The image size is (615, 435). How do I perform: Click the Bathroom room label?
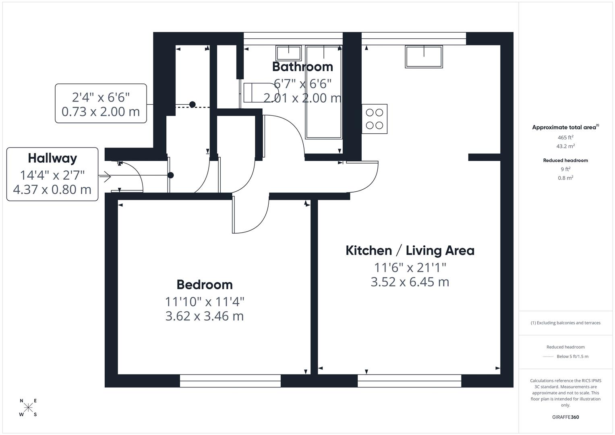(302, 66)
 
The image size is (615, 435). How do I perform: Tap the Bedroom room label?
(205, 285)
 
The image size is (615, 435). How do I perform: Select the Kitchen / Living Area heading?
(410, 251)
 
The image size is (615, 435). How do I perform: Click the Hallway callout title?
(52, 158)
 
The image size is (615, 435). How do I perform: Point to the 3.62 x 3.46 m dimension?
(205, 316)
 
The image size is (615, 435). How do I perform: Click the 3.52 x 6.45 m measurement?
(410, 282)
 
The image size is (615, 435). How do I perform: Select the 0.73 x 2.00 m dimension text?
(101, 112)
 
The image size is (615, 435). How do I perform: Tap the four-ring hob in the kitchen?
(375, 119)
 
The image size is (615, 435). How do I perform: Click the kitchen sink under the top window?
(424, 57)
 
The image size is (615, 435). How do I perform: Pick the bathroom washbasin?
(288, 53)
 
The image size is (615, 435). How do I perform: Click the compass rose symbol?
(28, 408)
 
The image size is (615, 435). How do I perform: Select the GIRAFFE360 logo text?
(565, 417)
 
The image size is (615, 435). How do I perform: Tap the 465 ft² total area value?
(565, 137)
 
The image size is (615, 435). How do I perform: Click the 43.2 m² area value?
(565, 147)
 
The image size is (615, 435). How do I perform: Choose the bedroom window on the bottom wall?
(230, 381)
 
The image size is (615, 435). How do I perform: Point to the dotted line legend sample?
(548, 356)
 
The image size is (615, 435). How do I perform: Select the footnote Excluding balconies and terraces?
(565, 323)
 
